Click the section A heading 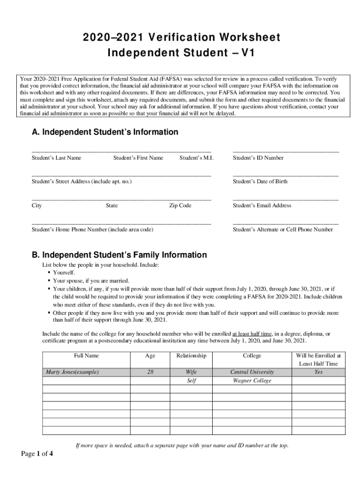click(x=105, y=132)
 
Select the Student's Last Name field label click(x=56, y=158)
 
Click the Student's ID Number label click(x=258, y=158)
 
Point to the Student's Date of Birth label click(x=260, y=181)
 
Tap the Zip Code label click(x=180, y=206)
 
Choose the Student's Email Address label click(x=262, y=206)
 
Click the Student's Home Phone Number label click(x=92, y=230)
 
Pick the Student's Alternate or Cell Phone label click(x=283, y=230)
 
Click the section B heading click(x=119, y=255)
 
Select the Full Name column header click(x=86, y=356)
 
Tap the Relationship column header click(x=191, y=356)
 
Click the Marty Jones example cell click(x=72, y=372)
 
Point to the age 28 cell click(x=150, y=372)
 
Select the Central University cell click(x=252, y=372)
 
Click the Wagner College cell click(x=252, y=381)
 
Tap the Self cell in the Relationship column click(x=191, y=381)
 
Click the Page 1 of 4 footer click(x=37, y=453)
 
